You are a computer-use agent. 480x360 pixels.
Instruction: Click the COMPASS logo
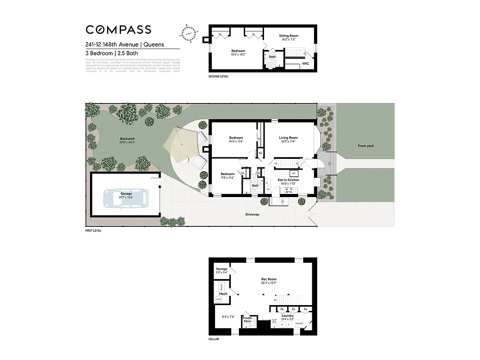pyautogui.click(x=118, y=30)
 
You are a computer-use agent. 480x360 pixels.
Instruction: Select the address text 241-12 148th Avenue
pyautogui.click(x=112, y=45)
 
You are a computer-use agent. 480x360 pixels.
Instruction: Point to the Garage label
pyautogui.click(x=126, y=193)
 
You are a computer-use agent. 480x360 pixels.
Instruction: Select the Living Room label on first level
pyautogui.click(x=288, y=138)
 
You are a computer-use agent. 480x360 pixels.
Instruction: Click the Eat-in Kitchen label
pyautogui.click(x=288, y=180)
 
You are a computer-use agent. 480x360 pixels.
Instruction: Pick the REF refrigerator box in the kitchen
pyautogui.click(x=294, y=173)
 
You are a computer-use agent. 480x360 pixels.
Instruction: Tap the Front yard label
pyautogui.click(x=366, y=146)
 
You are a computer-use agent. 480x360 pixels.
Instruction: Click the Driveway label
pyautogui.click(x=252, y=214)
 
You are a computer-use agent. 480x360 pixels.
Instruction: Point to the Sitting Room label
pyautogui.click(x=288, y=36)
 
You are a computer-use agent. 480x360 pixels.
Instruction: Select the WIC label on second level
pyautogui.click(x=305, y=64)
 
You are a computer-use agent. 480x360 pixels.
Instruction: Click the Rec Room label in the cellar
pyautogui.click(x=268, y=279)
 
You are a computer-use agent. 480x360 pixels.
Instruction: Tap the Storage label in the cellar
pyautogui.click(x=222, y=269)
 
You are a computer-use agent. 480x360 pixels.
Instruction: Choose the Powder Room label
pyautogui.click(x=247, y=319)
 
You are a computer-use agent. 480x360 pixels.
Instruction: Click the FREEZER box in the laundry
pyautogui.click(x=299, y=324)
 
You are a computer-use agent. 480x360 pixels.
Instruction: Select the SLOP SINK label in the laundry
pyautogui.click(x=274, y=321)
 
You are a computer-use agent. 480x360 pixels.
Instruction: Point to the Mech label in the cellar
pyautogui.click(x=223, y=294)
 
